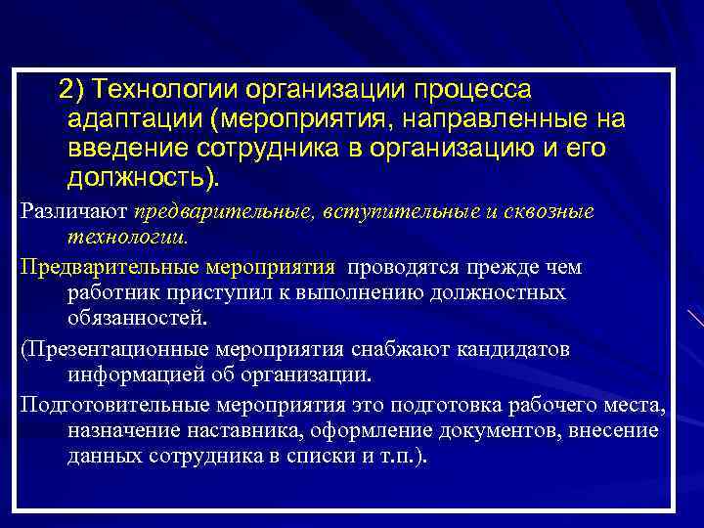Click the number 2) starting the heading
(x=71, y=91)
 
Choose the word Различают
(x=73, y=213)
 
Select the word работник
(x=108, y=293)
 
